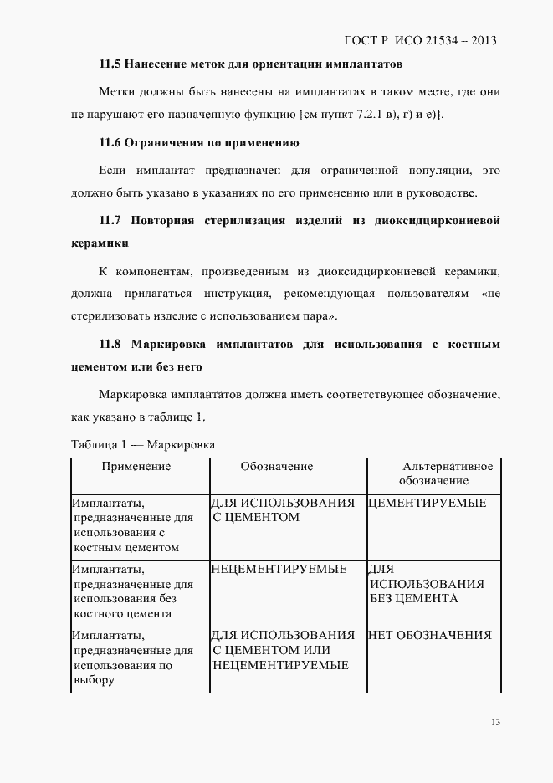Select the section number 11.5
[110, 64]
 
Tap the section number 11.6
[110, 143]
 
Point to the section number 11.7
[111, 221]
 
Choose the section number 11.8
[111, 344]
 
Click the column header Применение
[136, 467]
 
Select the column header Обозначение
[277, 467]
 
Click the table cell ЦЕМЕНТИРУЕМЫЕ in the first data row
[427, 503]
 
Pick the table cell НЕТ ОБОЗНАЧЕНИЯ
[429, 635]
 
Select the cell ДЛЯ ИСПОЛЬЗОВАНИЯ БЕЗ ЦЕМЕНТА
[427, 584]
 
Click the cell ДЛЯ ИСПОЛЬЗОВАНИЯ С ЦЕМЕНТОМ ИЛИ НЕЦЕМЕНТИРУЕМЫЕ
[283, 650]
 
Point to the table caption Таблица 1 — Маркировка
[144, 444]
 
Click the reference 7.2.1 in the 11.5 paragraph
[358, 114]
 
